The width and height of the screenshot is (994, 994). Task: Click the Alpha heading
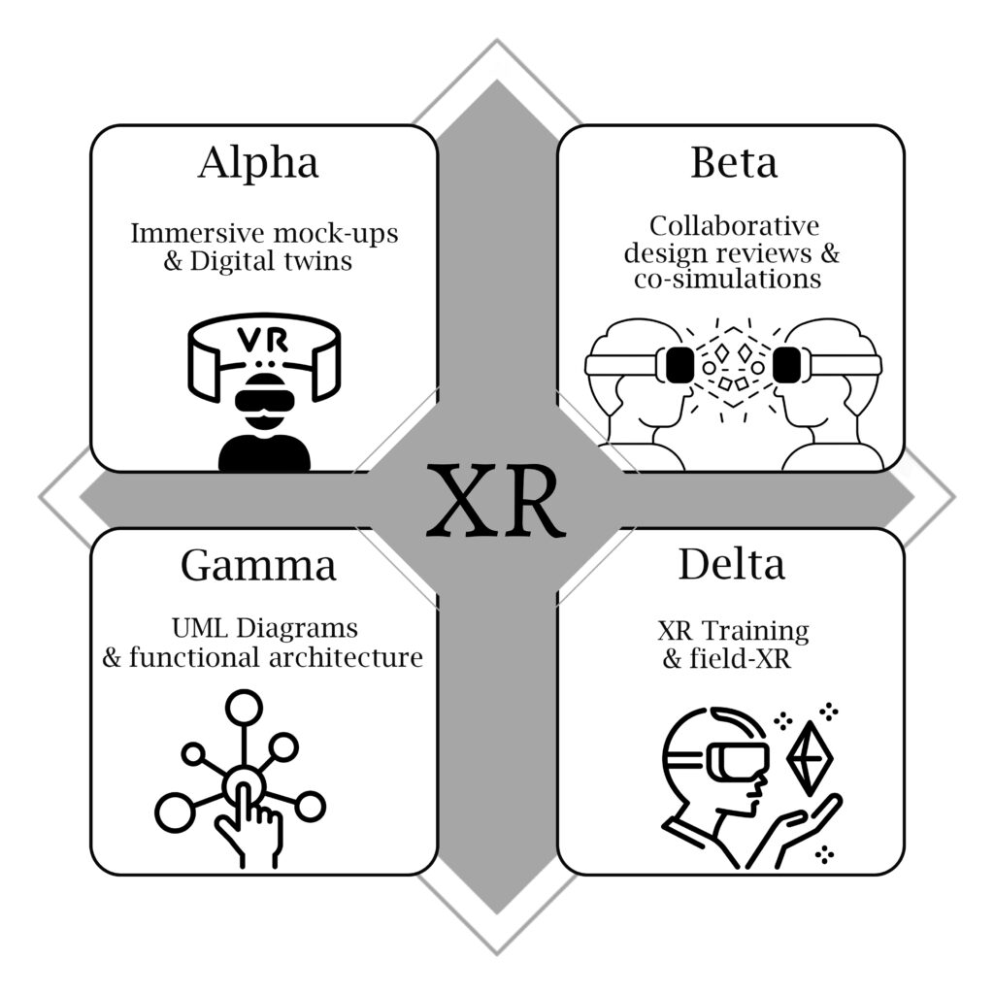click(257, 163)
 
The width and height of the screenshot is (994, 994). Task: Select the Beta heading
click(733, 163)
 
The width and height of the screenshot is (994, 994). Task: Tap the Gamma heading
click(257, 564)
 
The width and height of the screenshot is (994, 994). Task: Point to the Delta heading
click(731, 564)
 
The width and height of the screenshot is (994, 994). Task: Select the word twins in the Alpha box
click(316, 261)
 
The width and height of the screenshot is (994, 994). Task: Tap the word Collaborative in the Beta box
click(734, 226)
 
